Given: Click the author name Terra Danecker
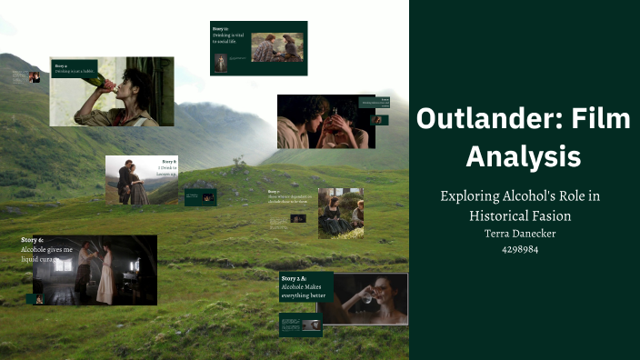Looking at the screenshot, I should (x=519, y=233).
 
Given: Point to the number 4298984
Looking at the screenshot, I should (x=519, y=248).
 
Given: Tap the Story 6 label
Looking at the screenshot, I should (x=33, y=240).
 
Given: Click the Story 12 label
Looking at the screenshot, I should (x=221, y=29).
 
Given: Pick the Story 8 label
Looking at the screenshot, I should (x=169, y=161).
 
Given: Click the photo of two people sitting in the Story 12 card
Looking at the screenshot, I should (x=277, y=47).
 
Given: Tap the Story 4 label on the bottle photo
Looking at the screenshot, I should (x=61, y=65).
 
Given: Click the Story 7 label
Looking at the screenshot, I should (x=274, y=191).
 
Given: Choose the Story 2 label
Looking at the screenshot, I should (x=294, y=277).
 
